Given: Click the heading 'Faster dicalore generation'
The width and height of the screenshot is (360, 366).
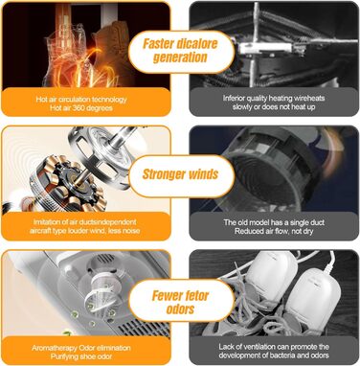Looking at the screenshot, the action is (180, 51).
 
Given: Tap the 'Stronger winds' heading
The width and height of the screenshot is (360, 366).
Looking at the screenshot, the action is (180, 174).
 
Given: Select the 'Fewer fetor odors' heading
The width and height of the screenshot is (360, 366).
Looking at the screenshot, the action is (180, 302).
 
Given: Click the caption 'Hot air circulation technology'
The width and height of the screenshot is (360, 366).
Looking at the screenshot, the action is (81, 100).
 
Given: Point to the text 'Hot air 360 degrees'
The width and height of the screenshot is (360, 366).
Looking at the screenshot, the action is (81, 108).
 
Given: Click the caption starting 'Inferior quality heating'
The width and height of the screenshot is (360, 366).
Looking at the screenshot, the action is (274, 98).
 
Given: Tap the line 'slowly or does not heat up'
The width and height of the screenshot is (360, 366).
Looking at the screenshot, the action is (274, 107).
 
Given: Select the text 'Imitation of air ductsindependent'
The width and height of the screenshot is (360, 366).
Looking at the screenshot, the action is (85, 221).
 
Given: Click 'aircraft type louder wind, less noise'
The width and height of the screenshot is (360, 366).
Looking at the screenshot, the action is (85, 231).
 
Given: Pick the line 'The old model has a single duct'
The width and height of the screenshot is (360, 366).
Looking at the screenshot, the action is (274, 222).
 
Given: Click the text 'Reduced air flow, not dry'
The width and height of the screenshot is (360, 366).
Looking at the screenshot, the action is (274, 231).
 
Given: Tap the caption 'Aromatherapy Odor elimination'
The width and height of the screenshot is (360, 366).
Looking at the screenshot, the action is (81, 348).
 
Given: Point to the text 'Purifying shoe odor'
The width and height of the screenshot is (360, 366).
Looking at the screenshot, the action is (81, 356).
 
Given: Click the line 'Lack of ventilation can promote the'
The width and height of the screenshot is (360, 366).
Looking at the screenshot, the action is (274, 347).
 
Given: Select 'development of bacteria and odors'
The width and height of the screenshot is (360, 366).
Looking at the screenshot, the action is (274, 355).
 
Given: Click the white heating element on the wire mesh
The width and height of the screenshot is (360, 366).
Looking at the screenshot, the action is (265, 49).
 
